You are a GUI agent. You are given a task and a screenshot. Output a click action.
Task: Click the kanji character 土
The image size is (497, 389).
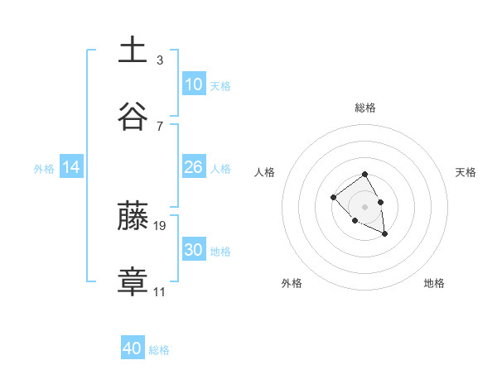[x=133, y=50]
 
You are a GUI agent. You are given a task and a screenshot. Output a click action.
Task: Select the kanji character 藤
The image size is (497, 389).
[x=133, y=215]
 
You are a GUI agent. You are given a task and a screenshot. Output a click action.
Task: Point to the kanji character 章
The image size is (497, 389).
[x=133, y=281]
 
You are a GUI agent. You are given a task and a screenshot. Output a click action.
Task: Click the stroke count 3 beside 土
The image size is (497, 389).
[x=159, y=60]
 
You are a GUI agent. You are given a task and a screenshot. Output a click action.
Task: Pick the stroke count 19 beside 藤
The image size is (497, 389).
[x=160, y=225]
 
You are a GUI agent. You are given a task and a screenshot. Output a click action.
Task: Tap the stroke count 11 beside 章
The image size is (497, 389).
[x=160, y=291]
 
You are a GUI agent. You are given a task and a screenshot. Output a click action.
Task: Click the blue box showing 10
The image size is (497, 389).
[x=193, y=84]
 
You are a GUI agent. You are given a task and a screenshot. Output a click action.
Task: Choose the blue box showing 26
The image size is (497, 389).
[x=193, y=167]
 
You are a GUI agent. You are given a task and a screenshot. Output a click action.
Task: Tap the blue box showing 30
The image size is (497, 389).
[x=193, y=250]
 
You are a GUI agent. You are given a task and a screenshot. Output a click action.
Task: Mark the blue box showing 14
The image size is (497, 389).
[x=71, y=167]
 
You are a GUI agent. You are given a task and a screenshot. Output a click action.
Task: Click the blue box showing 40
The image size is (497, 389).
[x=133, y=348]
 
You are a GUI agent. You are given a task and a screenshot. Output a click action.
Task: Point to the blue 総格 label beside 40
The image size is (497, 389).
[x=159, y=350]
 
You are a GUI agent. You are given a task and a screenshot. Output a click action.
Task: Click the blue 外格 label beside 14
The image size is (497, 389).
[x=44, y=169]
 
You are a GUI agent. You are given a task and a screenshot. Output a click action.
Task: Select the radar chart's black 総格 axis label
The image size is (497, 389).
[x=364, y=108]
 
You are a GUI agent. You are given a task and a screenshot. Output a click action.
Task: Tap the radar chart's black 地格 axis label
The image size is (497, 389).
[x=434, y=283]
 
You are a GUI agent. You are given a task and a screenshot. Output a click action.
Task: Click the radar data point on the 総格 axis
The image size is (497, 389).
[x=364, y=175]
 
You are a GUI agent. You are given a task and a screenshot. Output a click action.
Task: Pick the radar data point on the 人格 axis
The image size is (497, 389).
[x=333, y=197]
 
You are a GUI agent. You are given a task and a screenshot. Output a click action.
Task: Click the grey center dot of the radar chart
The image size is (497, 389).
[x=364, y=207]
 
